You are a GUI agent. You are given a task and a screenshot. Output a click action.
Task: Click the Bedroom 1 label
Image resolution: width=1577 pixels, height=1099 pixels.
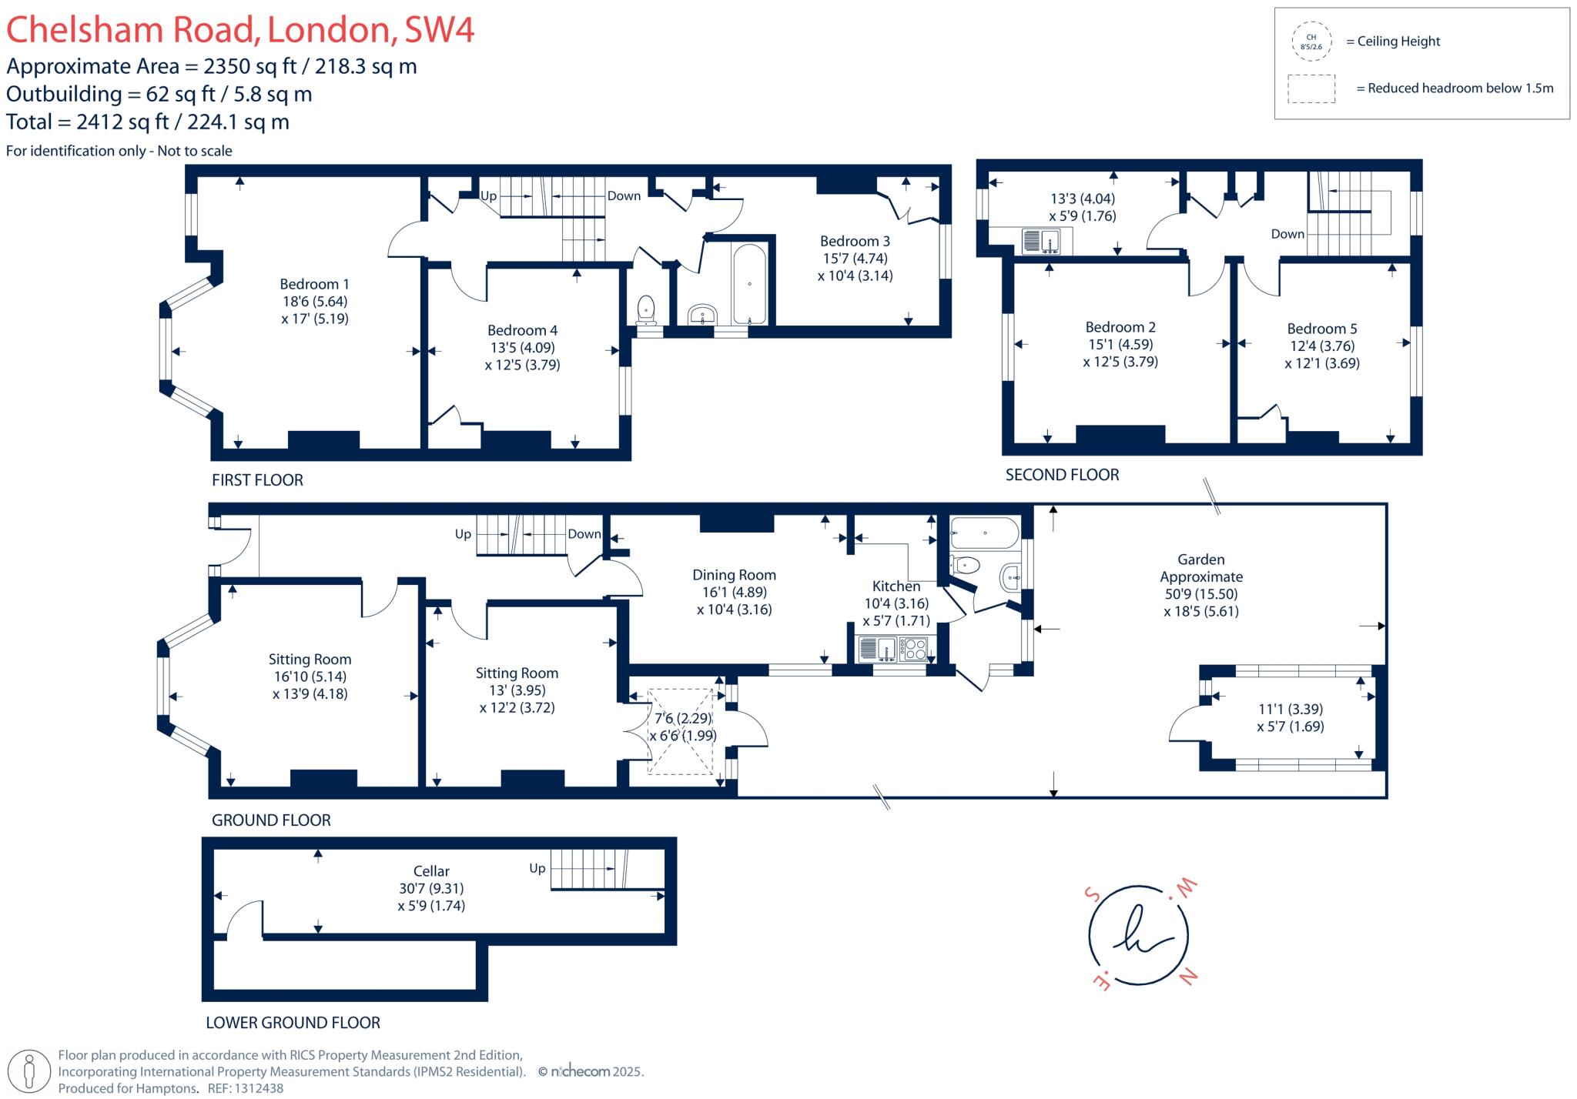pyautogui.click(x=314, y=285)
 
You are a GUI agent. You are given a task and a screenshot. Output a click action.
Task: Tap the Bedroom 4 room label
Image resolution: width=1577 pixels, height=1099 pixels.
pyautogui.click(x=522, y=331)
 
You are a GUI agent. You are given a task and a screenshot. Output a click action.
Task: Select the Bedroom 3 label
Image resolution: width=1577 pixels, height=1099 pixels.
pyautogui.click(x=855, y=242)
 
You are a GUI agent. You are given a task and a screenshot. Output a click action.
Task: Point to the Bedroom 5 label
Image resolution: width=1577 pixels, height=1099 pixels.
pyautogui.click(x=1322, y=329)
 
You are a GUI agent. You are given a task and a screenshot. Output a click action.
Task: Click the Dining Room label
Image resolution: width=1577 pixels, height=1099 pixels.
pyautogui.click(x=734, y=576)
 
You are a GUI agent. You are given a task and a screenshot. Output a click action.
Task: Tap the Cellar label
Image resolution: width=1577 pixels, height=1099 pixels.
pyautogui.click(x=431, y=871)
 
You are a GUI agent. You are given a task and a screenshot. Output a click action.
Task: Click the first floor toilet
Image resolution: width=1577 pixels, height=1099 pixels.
pyautogui.click(x=646, y=309)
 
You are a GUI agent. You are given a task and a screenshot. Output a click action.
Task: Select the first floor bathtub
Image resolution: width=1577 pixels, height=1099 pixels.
pyautogui.click(x=749, y=284)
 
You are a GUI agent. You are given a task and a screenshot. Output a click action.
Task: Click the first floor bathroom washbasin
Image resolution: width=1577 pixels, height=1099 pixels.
pyautogui.click(x=702, y=315)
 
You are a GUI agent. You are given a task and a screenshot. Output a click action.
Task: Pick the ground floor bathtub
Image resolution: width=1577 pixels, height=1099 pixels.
pyautogui.click(x=985, y=532)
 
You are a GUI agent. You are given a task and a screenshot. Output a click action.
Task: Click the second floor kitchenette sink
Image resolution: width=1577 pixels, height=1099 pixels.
pyautogui.click(x=1041, y=242)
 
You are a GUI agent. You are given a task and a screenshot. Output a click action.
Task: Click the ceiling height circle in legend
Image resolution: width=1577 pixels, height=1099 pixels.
pyautogui.click(x=1311, y=42)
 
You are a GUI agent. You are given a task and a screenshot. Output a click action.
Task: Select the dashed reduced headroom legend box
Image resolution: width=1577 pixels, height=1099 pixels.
pyautogui.click(x=1311, y=89)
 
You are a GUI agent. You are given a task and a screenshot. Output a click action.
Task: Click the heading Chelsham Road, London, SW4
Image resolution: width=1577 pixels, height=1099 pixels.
pyautogui.click(x=240, y=29)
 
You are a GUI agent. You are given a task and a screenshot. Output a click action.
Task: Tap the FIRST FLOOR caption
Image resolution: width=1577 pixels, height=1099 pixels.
pyautogui.click(x=257, y=480)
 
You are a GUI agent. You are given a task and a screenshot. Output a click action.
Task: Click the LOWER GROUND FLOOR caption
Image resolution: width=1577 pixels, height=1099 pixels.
pyautogui.click(x=293, y=1023)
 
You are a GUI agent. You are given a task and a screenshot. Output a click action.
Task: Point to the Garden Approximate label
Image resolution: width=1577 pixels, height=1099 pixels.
pyautogui.click(x=1201, y=568)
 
